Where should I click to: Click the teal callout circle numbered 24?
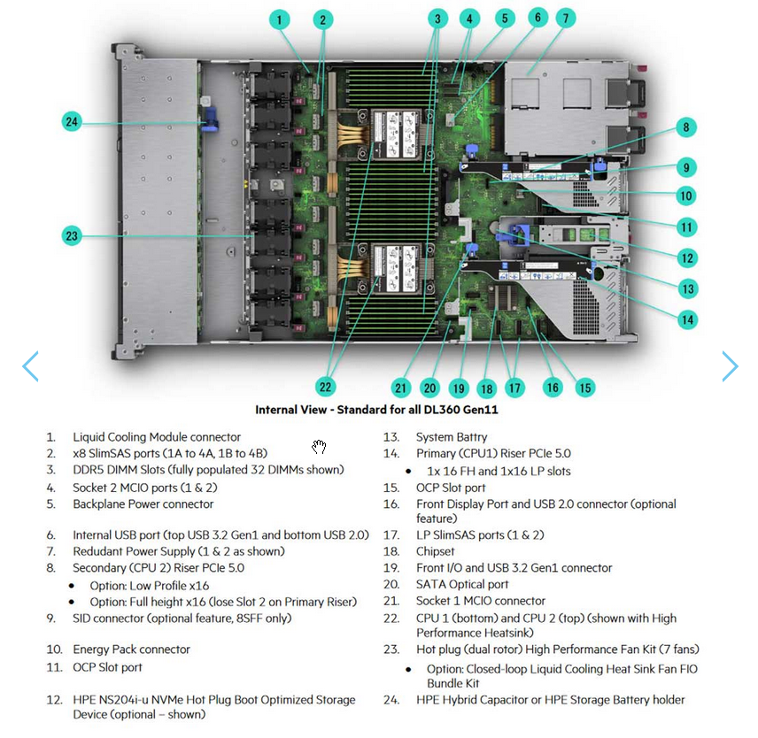click(x=73, y=122)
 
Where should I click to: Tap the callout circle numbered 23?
click(x=73, y=235)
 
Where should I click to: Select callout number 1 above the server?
click(x=279, y=19)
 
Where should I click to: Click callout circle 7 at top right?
click(x=566, y=19)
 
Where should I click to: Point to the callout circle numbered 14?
click(x=687, y=319)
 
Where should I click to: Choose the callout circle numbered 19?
click(x=458, y=388)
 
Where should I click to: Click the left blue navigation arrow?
click(x=30, y=366)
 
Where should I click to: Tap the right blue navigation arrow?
click(x=729, y=366)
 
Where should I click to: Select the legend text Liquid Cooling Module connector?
click(x=157, y=437)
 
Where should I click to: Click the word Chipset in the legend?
click(x=435, y=551)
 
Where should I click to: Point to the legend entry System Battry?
click(x=451, y=437)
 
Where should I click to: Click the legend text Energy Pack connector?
click(x=131, y=650)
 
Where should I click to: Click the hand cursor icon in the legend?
click(x=319, y=446)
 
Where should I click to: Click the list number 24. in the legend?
click(x=391, y=700)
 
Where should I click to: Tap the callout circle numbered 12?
click(x=687, y=258)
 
